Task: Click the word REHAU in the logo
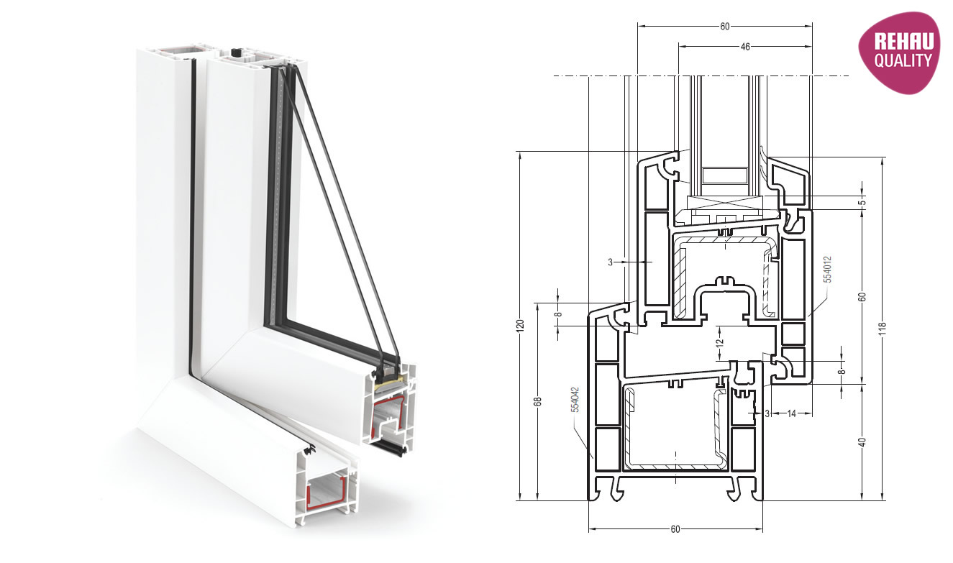tap(903, 42)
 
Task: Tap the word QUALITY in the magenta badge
tap(903, 61)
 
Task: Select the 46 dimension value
tap(745, 47)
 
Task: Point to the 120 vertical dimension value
tap(521, 325)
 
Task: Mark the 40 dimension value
tap(862, 441)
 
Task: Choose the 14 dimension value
tap(791, 413)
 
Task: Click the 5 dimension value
tap(862, 202)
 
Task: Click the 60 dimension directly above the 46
tap(724, 27)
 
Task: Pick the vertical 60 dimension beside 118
tap(862, 297)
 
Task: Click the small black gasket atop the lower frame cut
tap(311, 451)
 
